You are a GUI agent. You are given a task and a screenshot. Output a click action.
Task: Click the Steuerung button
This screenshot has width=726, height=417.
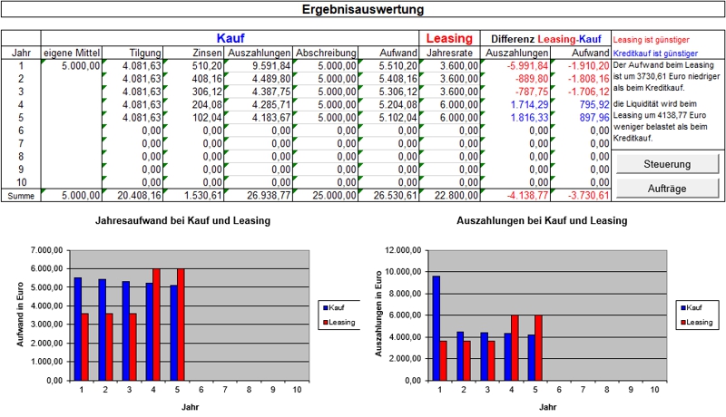667,164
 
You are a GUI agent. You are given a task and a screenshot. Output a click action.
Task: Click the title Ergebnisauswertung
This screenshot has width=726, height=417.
362,10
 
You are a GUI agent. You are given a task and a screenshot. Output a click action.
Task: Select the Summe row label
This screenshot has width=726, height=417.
21,196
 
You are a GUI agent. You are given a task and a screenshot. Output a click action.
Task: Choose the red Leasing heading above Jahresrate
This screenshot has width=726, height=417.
449,39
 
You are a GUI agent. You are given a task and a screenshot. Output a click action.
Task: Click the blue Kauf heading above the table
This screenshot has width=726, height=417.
230,39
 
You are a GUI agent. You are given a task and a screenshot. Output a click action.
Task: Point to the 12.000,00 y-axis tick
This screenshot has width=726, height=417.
405,250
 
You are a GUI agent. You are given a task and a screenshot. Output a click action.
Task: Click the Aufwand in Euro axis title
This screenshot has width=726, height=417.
20,315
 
